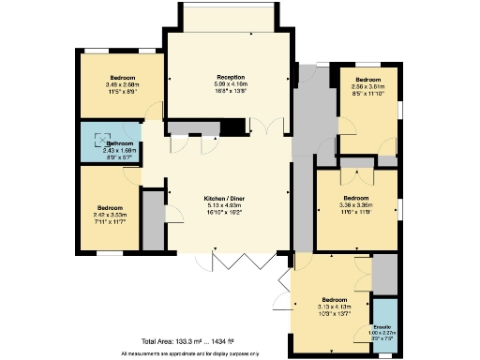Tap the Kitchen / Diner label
pyautogui.click(x=225, y=198)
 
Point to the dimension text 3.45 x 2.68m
pyautogui.click(x=122, y=84)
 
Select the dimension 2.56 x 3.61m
pyautogui.click(x=367, y=87)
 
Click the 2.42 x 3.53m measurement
pyautogui.click(x=110, y=215)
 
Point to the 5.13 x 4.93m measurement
pyautogui.click(x=225, y=205)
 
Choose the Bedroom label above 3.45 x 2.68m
pyautogui.click(x=122, y=77)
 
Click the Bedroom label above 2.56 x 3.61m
pyautogui.click(x=367, y=80)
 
